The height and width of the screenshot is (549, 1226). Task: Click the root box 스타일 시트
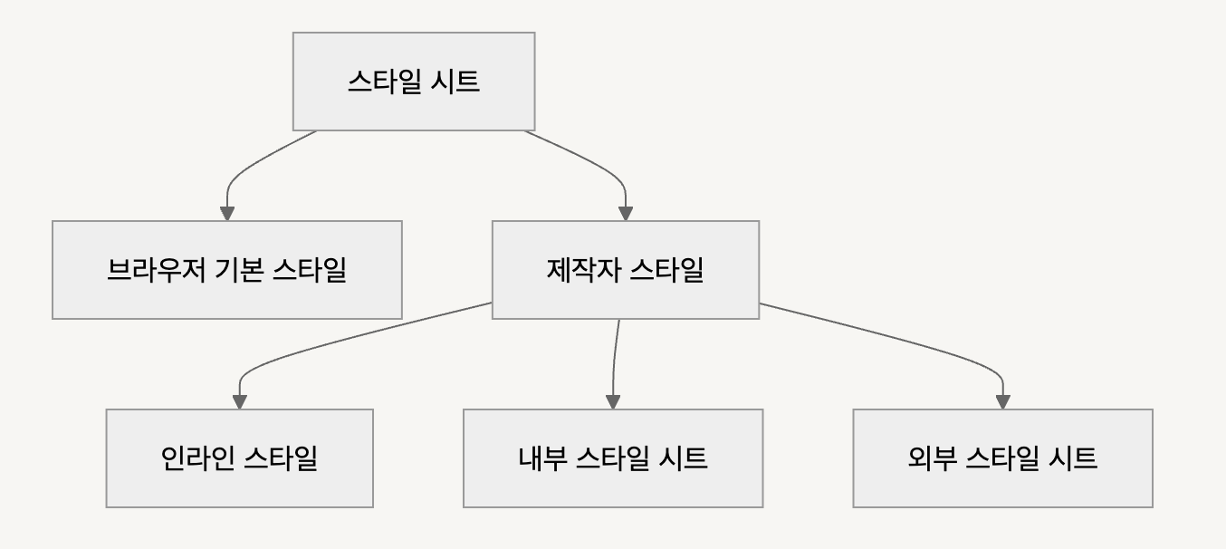tap(414, 82)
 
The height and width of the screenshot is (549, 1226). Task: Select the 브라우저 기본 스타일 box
tap(226, 270)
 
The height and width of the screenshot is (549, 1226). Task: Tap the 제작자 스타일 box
tap(625, 270)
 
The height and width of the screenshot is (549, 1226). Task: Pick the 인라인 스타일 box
tap(239, 457)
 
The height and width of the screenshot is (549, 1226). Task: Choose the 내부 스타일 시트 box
tap(613, 457)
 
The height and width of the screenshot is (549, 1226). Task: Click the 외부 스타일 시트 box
tap(1002, 457)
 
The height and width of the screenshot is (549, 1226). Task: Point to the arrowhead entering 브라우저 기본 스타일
tap(227, 213)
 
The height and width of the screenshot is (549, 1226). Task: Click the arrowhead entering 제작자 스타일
tap(625, 213)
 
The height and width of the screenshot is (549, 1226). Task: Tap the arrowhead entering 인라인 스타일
tap(240, 401)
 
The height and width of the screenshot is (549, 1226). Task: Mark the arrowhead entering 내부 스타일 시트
tap(613, 401)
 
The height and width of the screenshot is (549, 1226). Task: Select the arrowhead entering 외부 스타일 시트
tap(1002, 401)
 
